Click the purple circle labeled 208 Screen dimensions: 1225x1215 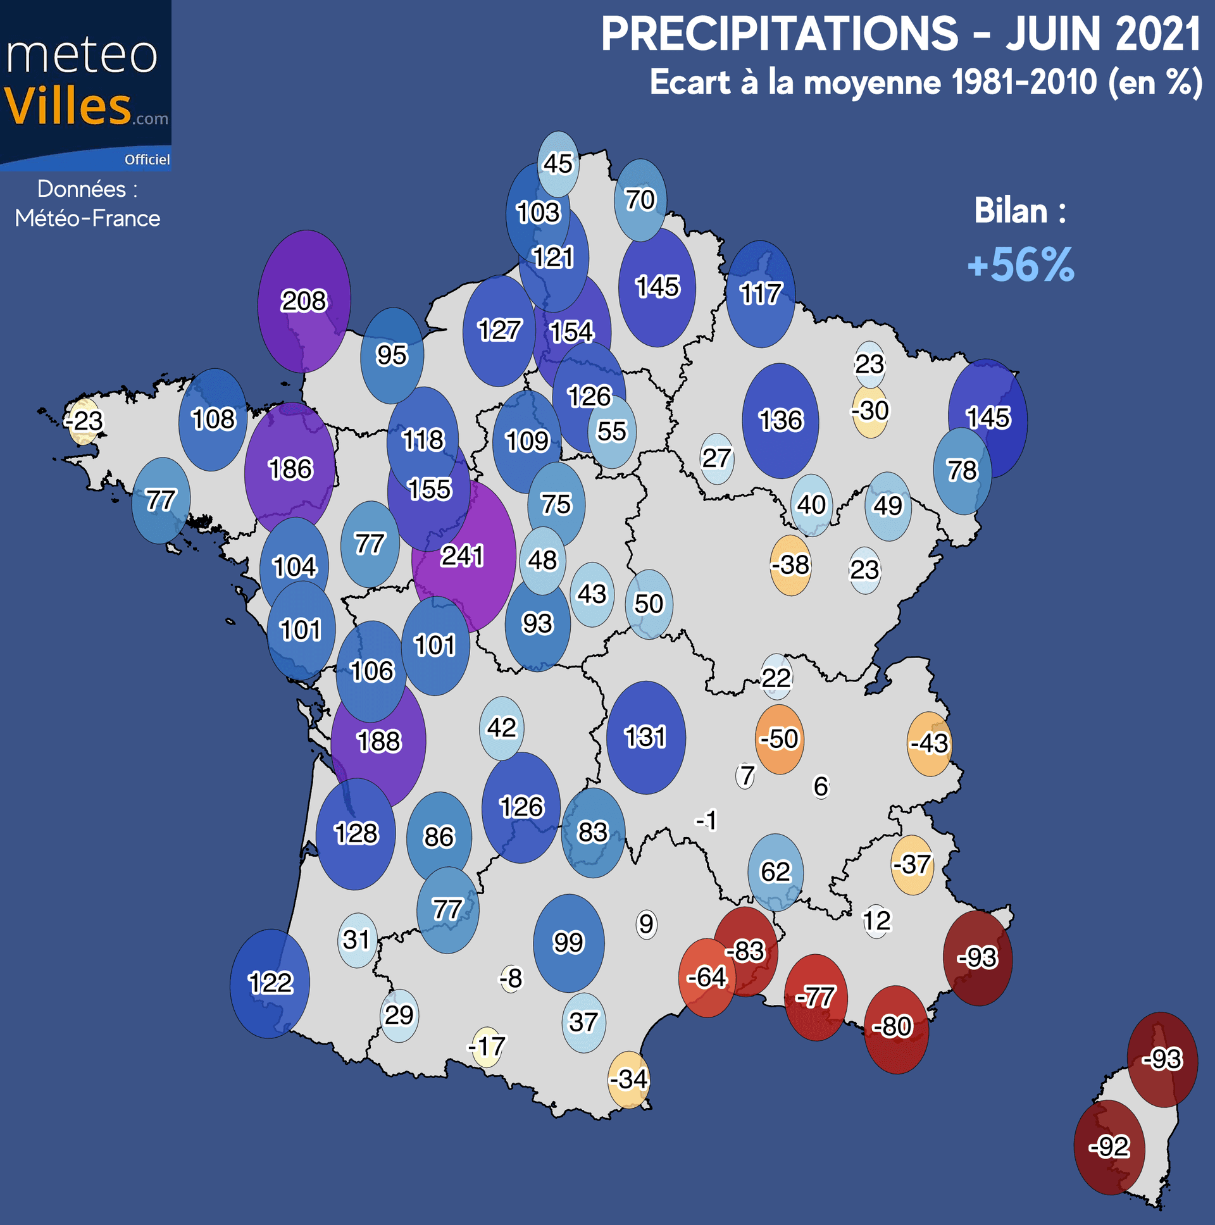click(304, 301)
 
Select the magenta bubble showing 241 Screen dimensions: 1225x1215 click(463, 557)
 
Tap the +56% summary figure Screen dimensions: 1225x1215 click(1020, 264)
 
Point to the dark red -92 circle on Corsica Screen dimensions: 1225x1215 click(1109, 1147)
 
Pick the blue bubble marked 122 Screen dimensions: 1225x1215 click(270, 983)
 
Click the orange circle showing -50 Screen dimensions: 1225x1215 click(780, 739)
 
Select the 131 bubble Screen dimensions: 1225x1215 click(645, 737)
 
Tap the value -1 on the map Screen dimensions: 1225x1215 click(706, 821)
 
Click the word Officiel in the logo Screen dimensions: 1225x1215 click(147, 160)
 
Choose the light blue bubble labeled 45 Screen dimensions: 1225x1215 click(558, 164)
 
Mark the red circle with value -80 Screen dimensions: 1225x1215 click(895, 1026)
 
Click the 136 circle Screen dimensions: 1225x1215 click(781, 420)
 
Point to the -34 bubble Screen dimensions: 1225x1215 click(628, 1079)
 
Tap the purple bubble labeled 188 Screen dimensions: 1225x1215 click(378, 741)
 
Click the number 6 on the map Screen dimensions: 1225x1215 click(821, 787)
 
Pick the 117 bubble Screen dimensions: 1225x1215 click(761, 294)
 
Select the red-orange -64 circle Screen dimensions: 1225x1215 click(706, 977)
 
